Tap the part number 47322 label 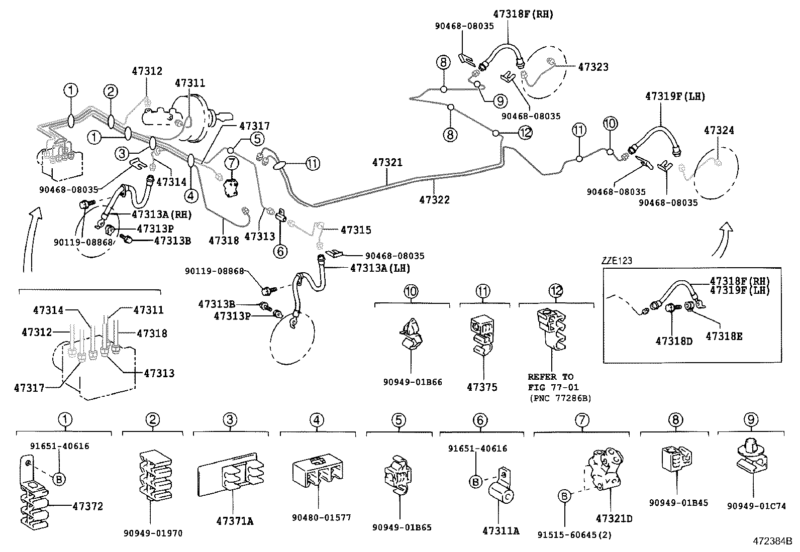[434, 199]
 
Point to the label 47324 [719, 131]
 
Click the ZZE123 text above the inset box [617, 261]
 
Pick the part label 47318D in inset [673, 341]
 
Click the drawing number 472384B [772, 541]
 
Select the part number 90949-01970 [152, 533]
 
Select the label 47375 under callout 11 [482, 387]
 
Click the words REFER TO [550, 377]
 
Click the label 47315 [356, 230]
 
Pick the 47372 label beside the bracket [87, 506]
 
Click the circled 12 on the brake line [525, 133]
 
